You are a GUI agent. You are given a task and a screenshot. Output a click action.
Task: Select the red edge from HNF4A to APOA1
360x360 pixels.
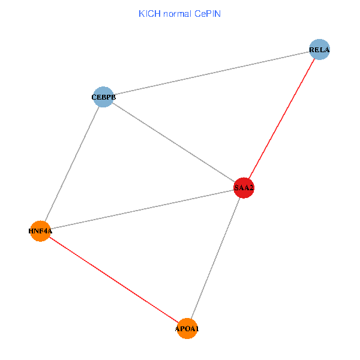pos(114,280)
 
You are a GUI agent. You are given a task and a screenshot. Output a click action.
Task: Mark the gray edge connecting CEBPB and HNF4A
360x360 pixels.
pos(72,164)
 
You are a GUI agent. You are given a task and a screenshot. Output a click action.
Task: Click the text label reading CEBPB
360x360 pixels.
pos(104,97)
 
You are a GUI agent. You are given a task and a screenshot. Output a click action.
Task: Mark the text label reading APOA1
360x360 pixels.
pos(187,329)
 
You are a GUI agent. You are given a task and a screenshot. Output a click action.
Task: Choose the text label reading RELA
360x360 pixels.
pos(320,49)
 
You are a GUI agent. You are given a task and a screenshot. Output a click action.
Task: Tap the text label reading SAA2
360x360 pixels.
pos(244,188)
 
